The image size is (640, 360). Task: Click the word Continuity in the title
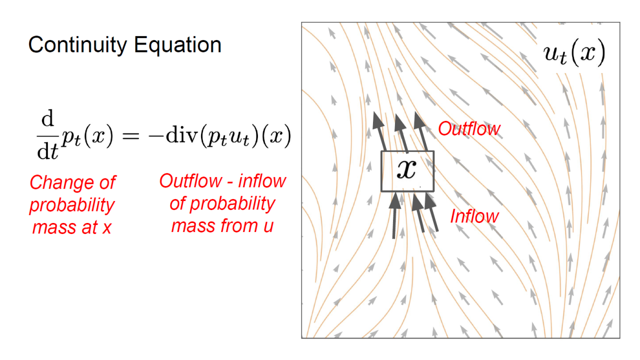(x=77, y=45)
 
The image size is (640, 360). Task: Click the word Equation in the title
(x=177, y=45)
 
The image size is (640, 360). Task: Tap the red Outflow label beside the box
(x=469, y=128)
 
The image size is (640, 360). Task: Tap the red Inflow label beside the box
(x=474, y=216)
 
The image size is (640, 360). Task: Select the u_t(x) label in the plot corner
(x=574, y=53)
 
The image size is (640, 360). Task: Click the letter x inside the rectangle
(x=406, y=169)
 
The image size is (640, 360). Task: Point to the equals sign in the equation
(x=130, y=136)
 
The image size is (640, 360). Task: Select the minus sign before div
(x=155, y=136)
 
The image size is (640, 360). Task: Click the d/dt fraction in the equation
(x=47, y=134)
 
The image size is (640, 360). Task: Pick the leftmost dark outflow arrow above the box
(x=379, y=131)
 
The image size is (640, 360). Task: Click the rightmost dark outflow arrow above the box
(x=421, y=131)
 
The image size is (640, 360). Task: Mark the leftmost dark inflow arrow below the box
(x=394, y=215)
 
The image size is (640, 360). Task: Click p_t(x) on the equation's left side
(x=87, y=136)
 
